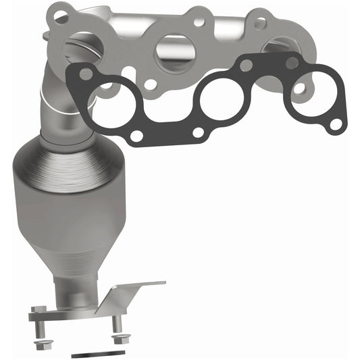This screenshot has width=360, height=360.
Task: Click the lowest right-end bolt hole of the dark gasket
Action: coord(334,125)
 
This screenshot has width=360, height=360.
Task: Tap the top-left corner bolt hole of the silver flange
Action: coord(61,16)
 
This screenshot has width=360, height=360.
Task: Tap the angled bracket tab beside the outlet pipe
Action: coord(135,287)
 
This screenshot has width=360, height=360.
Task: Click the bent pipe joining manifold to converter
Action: coord(64,101)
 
